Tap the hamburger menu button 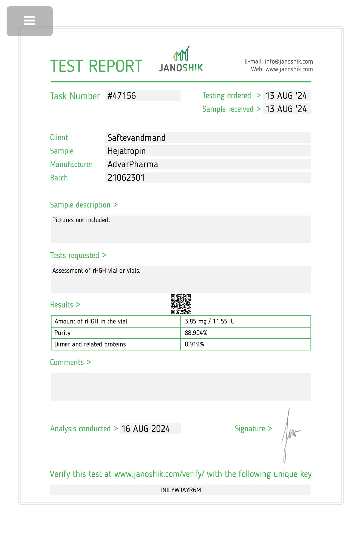pyautogui.click(x=29, y=21)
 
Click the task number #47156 pyautogui.click(x=122, y=96)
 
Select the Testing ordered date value pyautogui.click(x=286, y=96)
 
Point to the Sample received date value pyautogui.click(x=286, y=109)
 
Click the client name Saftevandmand pyautogui.click(x=137, y=138)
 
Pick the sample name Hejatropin pyautogui.click(x=126, y=151)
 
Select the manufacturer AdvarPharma pyautogui.click(x=133, y=164)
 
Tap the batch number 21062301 pyautogui.click(x=126, y=178)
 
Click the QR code pyautogui.click(x=181, y=304)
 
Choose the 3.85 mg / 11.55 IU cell pyautogui.click(x=210, y=321)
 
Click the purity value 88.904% pyautogui.click(x=196, y=333)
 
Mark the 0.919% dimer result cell pyautogui.click(x=194, y=344)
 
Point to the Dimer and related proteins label pyautogui.click(x=90, y=344)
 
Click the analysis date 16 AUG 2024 pyautogui.click(x=146, y=429)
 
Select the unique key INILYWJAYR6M pyautogui.click(x=181, y=490)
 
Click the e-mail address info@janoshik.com pyautogui.click(x=289, y=62)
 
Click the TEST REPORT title pyautogui.click(x=96, y=66)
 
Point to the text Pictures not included pyautogui.click(x=81, y=220)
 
